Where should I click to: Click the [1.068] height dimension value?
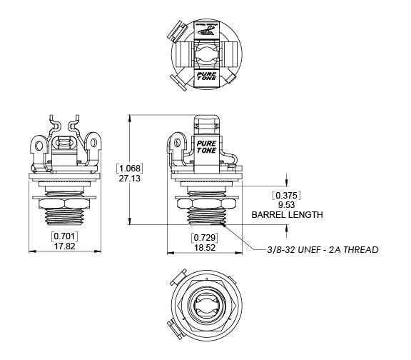pos(131,169)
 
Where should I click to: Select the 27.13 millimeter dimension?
pos(131,179)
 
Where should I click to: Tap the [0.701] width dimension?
pos(64,235)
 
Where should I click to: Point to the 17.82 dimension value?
pos(64,246)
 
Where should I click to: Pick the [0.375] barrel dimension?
pos(286,195)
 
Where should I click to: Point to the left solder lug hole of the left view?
pos(40,147)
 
